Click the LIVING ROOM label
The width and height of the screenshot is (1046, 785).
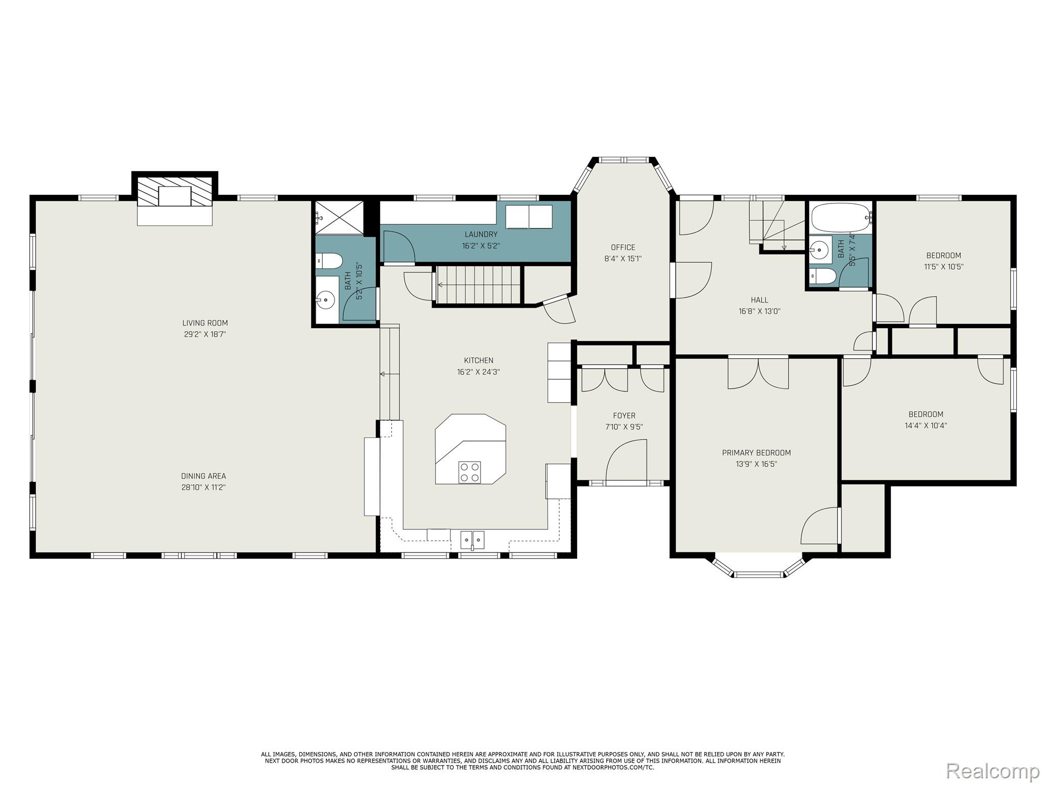[x=205, y=323]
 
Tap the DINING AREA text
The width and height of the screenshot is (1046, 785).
[x=203, y=476]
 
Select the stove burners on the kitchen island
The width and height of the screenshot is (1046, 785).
[x=469, y=472]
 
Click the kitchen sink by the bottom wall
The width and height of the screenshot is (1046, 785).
[x=472, y=540]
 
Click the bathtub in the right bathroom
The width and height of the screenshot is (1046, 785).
[x=840, y=218]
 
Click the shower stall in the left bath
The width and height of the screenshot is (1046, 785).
[x=340, y=218]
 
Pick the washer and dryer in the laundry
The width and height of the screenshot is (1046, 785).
[x=529, y=217]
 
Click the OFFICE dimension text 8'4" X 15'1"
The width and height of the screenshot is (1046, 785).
[x=623, y=259]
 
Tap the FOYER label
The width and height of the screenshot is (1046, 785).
[x=624, y=416]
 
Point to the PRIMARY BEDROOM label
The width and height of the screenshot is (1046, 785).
[x=756, y=453]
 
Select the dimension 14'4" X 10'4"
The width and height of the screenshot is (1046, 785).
[x=925, y=425]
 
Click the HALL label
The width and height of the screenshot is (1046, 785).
[x=759, y=300]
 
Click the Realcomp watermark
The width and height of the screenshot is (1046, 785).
[x=993, y=770]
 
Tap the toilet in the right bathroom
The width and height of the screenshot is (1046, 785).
[x=823, y=276]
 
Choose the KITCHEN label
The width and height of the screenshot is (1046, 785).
[x=479, y=360]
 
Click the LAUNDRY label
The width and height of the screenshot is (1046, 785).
[x=481, y=235]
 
